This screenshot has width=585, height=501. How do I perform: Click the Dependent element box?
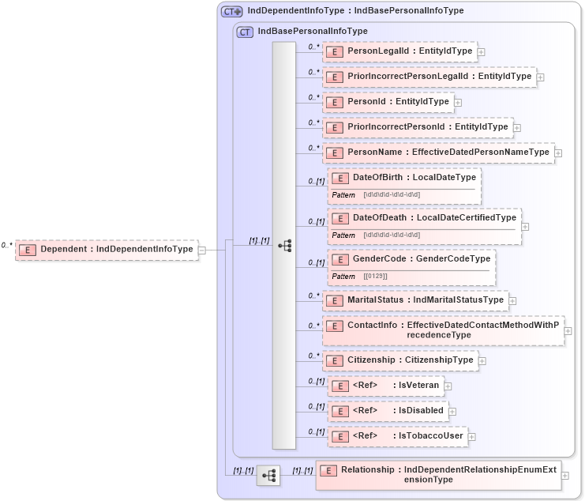click(x=106, y=249)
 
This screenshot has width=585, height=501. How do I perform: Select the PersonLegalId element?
click(x=399, y=51)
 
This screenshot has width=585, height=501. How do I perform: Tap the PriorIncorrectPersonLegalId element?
click(x=429, y=77)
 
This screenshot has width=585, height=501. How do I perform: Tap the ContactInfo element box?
click(x=442, y=330)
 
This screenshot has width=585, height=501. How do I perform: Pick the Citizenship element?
click(x=400, y=360)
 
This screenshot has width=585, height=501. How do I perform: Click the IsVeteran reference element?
click(x=385, y=386)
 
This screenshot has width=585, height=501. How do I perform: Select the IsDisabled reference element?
click(x=388, y=411)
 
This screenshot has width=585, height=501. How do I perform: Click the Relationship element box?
click(x=437, y=474)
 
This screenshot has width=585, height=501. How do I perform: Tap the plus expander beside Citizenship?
click(x=482, y=361)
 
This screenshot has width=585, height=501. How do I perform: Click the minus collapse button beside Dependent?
click(x=202, y=250)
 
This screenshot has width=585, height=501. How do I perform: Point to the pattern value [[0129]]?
click(x=376, y=276)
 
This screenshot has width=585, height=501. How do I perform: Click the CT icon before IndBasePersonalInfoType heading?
click(x=245, y=32)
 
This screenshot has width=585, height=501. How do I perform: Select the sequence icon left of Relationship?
click(x=268, y=475)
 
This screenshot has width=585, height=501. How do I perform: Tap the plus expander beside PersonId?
click(x=458, y=102)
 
